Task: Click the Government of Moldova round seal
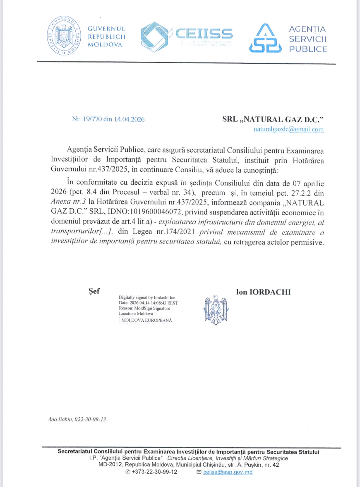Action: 64,35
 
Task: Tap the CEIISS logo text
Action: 204,34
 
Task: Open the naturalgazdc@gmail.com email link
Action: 289,129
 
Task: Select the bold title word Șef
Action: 94,291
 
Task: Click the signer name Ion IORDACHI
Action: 263,292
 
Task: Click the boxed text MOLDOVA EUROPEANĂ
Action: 147,320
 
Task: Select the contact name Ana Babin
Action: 60,419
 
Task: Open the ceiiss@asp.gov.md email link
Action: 228,472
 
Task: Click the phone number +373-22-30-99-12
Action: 154,472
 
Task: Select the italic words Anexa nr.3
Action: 68,202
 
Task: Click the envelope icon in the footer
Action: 199,472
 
